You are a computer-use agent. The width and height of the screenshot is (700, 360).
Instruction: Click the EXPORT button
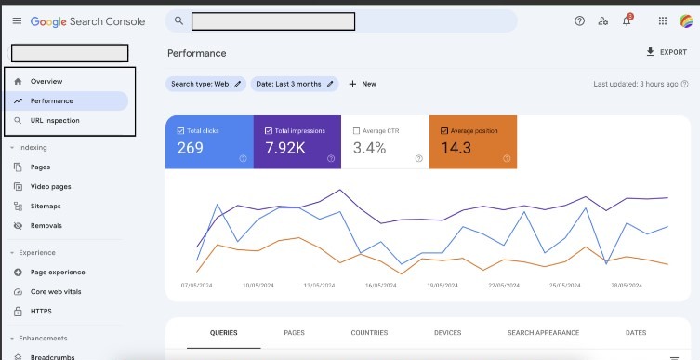point(667,52)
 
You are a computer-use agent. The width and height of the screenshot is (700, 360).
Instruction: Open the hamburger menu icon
point(17,21)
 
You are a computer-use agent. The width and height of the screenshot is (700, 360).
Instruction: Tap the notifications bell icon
point(627,20)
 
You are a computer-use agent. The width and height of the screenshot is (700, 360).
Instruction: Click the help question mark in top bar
point(579,20)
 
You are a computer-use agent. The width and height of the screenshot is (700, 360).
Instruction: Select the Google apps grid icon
point(663,20)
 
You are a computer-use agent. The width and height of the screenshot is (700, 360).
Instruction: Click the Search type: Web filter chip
point(205,84)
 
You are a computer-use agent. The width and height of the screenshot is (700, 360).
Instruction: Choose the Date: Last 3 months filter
point(295,84)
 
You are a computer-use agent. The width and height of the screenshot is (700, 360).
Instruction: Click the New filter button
point(363,84)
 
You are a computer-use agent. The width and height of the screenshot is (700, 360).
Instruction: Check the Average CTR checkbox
point(356,131)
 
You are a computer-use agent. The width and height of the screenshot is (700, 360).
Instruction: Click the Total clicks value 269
point(191,148)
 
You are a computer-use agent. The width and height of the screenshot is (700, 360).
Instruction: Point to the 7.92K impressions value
point(285,148)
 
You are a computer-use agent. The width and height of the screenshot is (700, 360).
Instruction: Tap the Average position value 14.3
point(456,148)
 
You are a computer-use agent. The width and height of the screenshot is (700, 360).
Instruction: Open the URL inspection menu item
point(55,120)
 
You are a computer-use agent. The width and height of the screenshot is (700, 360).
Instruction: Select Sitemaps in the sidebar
point(46,206)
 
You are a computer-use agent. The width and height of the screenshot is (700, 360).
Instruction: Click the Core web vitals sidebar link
point(56,292)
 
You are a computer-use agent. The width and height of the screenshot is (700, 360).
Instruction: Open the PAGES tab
point(294,333)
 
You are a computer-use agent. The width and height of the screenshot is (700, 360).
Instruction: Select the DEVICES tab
point(447,333)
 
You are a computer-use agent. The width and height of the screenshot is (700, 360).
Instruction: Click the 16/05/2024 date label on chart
point(380,286)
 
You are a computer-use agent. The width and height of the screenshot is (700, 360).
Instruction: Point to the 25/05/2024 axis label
point(564,286)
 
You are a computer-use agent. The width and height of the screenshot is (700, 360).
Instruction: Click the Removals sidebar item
point(46,225)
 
